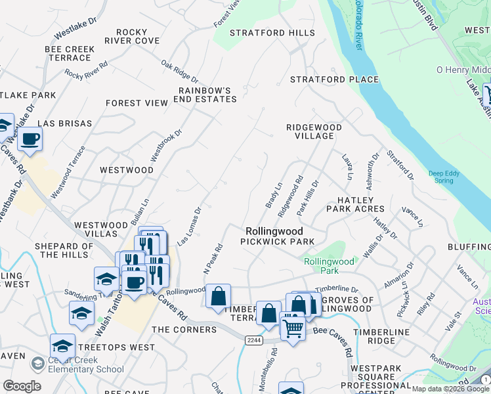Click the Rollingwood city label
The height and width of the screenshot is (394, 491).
click(x=274, y=231)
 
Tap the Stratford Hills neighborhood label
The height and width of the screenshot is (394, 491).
click(x=267, y=33)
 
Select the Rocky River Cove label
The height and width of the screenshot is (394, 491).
click(x=138, y=36)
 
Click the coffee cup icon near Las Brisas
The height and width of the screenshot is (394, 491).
click(x=30, y=139)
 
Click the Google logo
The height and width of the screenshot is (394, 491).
click(x=22, y=386)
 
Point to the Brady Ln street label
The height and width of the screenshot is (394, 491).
click(x=273, y=196)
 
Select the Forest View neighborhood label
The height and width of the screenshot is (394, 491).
click(x=137, y=103)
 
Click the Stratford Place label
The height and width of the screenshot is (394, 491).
click(x=335, y=79)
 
